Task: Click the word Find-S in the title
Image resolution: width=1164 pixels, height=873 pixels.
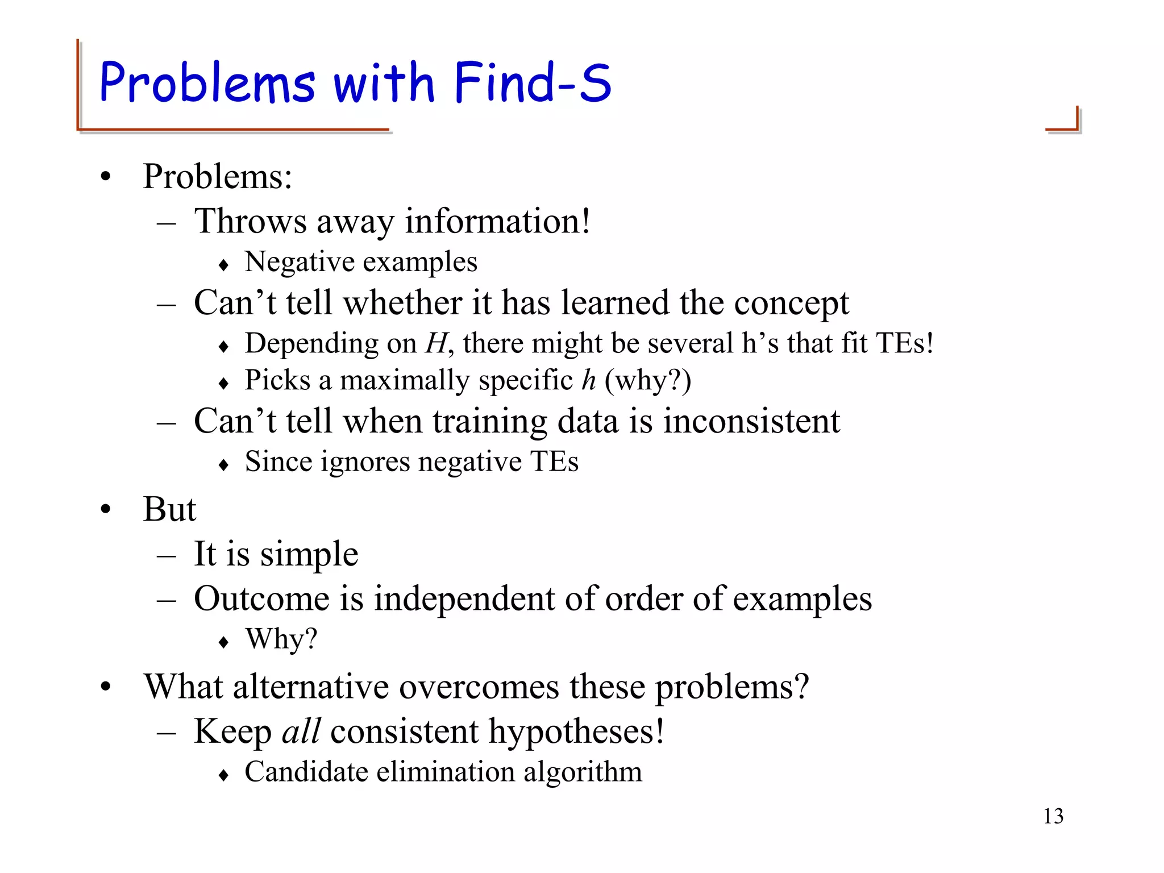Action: tap(533, 83)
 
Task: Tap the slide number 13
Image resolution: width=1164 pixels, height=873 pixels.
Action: tap(1053, 816)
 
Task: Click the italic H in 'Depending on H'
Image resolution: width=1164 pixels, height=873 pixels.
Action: tap(436, 343)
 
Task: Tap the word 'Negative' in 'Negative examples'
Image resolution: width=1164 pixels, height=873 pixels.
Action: tap(300, 262)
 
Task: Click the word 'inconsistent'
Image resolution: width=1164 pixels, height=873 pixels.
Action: tap(751, 421)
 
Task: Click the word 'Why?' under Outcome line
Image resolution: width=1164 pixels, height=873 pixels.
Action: tap(281, 639)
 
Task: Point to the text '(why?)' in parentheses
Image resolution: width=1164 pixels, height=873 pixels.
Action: tap(648, 380)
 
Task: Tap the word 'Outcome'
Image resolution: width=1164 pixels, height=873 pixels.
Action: tap(262, 598)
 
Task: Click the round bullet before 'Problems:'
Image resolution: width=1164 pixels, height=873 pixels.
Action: tap(106, 177)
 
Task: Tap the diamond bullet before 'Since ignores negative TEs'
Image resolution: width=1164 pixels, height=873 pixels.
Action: tap(223, 465)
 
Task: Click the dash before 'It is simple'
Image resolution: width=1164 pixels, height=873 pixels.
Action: tap(166, 555)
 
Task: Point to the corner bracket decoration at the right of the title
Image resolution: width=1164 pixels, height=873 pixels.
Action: tap(1064, 120)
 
